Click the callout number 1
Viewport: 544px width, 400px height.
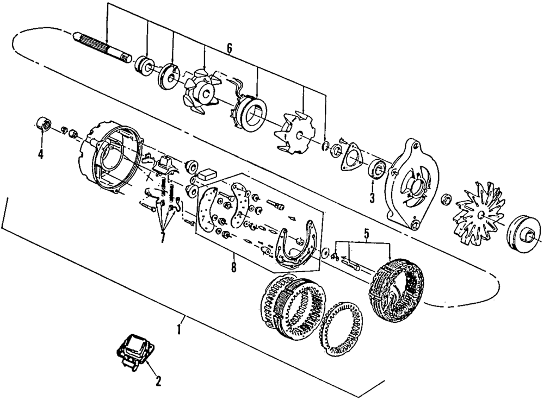180,329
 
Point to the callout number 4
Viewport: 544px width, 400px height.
40,154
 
